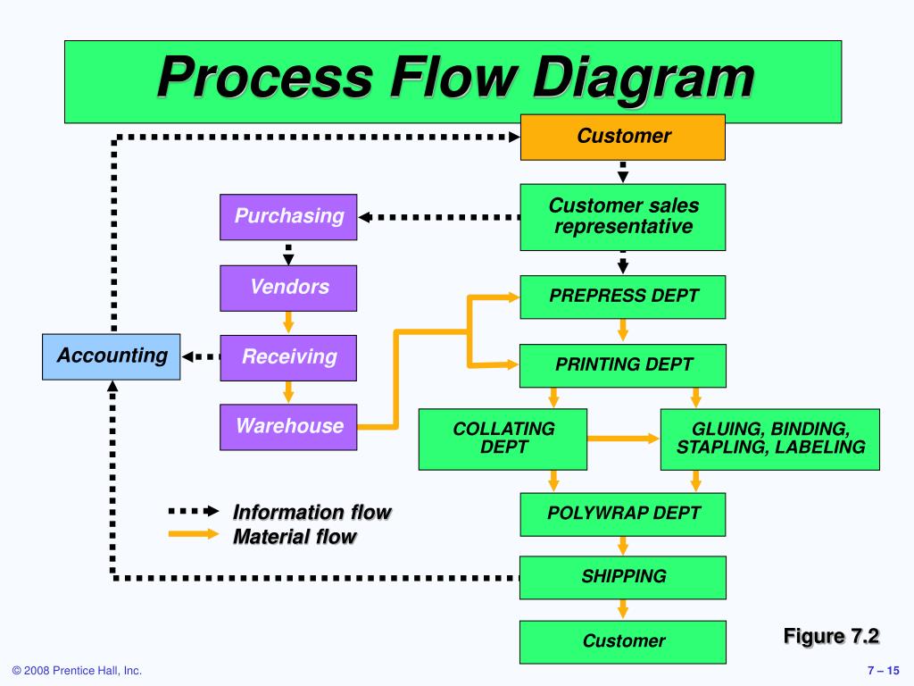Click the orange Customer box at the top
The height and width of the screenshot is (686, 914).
point(623,137)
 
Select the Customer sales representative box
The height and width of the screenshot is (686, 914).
point(623,216)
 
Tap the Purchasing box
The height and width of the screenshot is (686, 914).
point(288,216)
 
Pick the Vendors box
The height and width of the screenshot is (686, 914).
point(288,288)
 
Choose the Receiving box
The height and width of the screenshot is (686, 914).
point(288,357)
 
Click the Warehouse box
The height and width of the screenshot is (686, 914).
point(288,426)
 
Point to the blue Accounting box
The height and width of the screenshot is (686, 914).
point(112,356)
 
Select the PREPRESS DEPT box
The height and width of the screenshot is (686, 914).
point(623,297)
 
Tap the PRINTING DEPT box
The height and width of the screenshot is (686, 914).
point(623,364)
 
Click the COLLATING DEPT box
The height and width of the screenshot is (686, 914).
point(503,439)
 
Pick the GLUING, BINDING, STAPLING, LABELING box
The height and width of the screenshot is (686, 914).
point(769,439)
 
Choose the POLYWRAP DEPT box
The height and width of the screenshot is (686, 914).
point(623,514)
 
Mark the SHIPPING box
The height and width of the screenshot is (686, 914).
point(623,577)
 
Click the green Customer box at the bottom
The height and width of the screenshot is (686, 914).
point(623,641)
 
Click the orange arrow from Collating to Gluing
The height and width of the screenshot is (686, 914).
point(624,439)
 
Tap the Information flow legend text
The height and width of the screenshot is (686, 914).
point(312,513)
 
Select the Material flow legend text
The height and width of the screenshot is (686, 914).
point(294,537)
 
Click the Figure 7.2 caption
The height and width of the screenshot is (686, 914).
point(831,636)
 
